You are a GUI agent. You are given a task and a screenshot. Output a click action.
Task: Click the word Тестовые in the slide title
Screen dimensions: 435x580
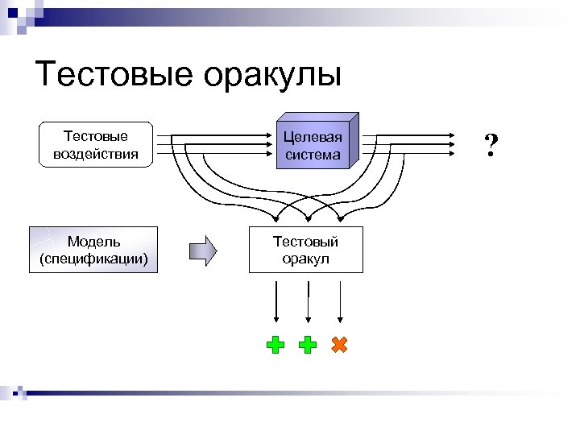point(114,75)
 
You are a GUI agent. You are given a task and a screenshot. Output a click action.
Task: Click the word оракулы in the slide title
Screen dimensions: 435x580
point(273,75)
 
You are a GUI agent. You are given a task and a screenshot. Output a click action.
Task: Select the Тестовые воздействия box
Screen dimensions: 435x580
point(96,144)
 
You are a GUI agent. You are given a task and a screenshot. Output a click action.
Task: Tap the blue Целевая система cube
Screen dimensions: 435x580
point(313,144)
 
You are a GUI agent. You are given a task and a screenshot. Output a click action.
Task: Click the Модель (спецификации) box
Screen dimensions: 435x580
point(93,250)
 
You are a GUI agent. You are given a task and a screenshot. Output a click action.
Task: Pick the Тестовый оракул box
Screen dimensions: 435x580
point(305,250)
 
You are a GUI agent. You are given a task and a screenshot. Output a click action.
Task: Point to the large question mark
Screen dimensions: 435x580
point(491,145)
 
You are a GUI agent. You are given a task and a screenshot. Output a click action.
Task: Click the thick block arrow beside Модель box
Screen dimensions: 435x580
point(203,250)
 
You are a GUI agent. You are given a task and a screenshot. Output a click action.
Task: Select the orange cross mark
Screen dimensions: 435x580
point(339,345)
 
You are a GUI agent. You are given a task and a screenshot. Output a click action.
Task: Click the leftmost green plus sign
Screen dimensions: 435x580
point(275,346)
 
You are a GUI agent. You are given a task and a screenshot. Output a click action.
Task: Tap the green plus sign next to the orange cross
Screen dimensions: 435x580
point(307,346)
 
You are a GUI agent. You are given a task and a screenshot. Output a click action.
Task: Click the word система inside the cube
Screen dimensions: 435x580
point(312,154)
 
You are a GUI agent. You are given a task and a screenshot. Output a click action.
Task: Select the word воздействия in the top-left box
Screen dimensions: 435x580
point(96,153)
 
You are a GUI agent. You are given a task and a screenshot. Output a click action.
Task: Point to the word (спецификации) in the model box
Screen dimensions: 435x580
point(93,259)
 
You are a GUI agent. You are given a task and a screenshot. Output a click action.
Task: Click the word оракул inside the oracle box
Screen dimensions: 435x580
point(305,259)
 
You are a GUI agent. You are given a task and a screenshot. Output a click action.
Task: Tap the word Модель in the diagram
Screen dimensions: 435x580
point(93,241)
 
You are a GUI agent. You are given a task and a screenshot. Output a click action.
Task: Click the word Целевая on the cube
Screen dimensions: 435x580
point(312,136)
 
